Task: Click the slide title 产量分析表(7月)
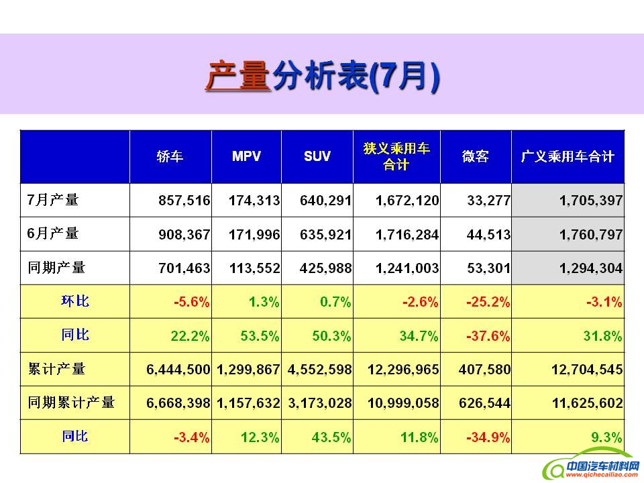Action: click(x=322, y=76)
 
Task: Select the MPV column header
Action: click(x=246, y=156)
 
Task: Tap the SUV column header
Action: click(x=317, y=156)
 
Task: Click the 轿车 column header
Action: click(x=170, y=156)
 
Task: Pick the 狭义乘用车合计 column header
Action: click(x=396, y=156)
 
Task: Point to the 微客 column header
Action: click(x=475, y=156)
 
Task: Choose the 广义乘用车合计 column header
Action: click(x=568, y=156)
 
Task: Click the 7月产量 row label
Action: click(x=53, y=200)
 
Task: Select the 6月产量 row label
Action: click(x=53, y=234)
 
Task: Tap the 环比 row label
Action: click(x=74, y=301)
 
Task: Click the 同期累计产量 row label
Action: click(x=71, y=402)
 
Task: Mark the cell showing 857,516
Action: click(x=184, y=201)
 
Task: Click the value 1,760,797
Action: click(x=590, y=235)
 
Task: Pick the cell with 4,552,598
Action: click(x=319, y=370)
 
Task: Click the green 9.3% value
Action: click(x=606, y=437)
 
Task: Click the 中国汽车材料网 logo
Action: click(x=590, y=468)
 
